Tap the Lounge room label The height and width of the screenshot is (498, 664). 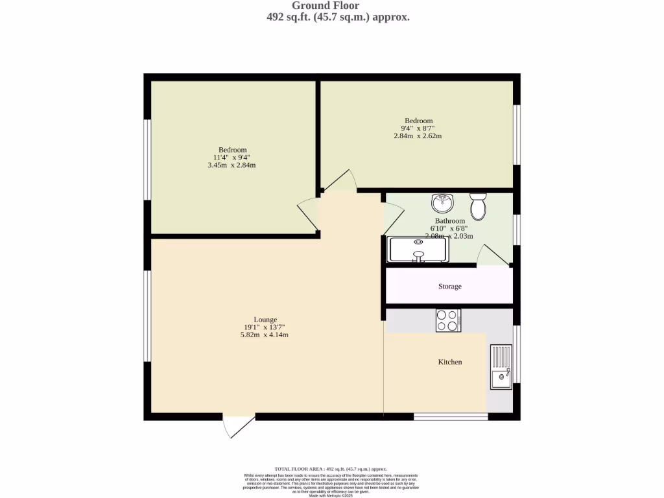tap(265, 320)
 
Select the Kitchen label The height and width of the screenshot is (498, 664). tap(449, 362)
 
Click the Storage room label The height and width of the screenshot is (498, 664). tap(449, 286)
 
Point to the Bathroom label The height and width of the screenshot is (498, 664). tap(449, 221)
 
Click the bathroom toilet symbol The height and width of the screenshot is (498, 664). tap(479, 206)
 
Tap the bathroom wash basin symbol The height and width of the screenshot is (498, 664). tap(443, 203)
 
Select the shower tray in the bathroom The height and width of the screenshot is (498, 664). tap(418, 250)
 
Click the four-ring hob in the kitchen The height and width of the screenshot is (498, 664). tap(448, 320)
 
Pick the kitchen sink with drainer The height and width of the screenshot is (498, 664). tap(501, 367)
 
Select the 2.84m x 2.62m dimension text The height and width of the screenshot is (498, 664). tap(418, 136)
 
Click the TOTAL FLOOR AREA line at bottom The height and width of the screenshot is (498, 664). tap(331, 469)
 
